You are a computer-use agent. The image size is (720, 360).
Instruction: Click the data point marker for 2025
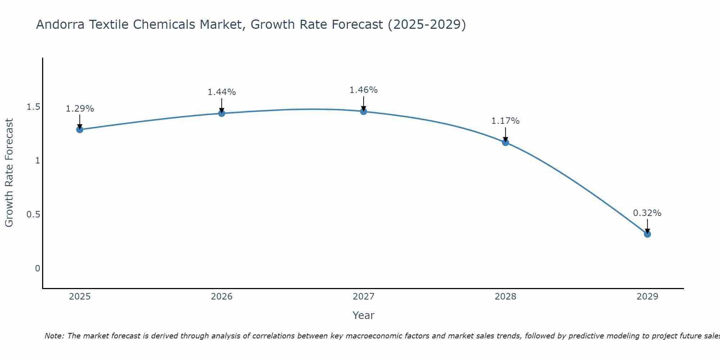tap(80, 130)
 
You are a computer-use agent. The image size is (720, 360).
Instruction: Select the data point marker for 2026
tap(222, 113)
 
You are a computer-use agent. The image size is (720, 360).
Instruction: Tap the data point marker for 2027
tap(364, 111)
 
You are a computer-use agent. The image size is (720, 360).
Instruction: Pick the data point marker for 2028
tap(505, 143)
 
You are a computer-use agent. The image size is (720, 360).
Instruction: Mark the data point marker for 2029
tap(647, 234)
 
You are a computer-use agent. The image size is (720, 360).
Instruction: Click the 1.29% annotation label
tap(80, 109)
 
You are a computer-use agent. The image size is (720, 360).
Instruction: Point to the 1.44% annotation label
tap(222, 92)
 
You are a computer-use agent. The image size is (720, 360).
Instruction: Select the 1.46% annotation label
tap(364, 90)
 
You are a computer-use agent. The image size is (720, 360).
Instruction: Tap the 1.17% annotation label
tap(505, 121)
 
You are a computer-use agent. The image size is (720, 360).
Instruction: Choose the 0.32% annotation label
tap(647, 213)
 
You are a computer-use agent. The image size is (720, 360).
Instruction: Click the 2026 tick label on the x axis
tap(222, 297)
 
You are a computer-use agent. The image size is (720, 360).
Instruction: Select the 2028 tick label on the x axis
tap(505, 297)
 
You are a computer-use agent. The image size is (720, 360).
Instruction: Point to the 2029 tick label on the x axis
tap(647, 297)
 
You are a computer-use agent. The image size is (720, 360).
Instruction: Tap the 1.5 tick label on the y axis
tap(33, 107)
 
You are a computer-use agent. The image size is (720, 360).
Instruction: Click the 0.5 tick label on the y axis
tap(33, 215)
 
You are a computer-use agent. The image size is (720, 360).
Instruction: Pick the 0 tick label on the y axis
tap(37, 269)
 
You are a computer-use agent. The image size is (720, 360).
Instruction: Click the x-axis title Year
tap(364, 315)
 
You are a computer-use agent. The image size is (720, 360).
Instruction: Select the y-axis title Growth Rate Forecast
tap(9, 173)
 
